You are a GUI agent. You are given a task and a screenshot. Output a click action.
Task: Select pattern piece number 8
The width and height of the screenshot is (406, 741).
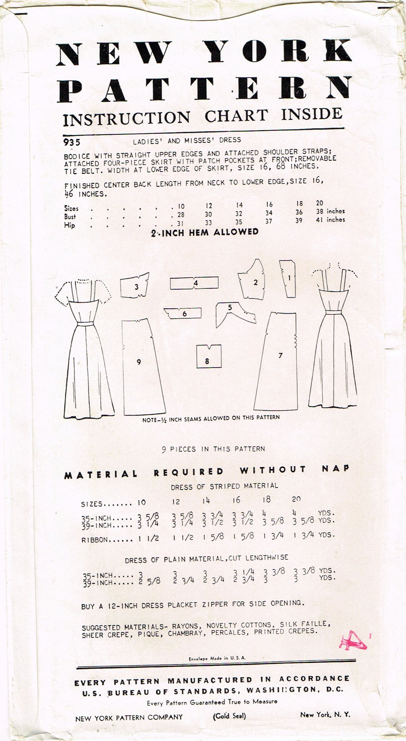tap(207, 356)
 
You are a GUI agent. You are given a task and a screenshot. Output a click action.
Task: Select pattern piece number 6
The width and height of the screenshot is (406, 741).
tap(183, 313)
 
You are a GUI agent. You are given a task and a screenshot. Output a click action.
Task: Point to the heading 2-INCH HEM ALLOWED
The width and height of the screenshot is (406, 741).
tap(205, 232)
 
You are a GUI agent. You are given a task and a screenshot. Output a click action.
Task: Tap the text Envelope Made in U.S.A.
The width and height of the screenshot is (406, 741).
tap(217, 659)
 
